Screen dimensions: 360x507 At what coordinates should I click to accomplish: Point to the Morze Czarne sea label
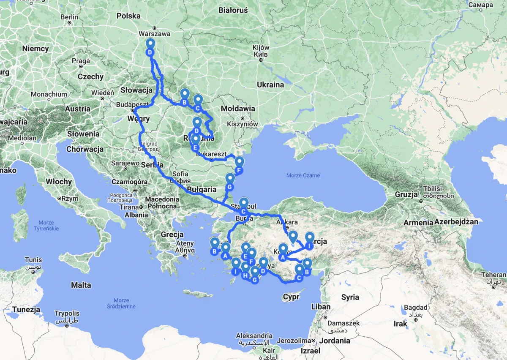303,175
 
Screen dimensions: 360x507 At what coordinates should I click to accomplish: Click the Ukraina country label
270,85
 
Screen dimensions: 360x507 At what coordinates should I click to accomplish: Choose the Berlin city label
69,17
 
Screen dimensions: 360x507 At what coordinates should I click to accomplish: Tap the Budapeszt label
132,104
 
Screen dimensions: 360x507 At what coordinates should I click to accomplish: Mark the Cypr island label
291,297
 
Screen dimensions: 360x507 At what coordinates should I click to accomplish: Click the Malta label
81,285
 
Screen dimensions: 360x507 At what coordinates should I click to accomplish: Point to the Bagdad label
416,308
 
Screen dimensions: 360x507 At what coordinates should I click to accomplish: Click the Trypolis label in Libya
67,314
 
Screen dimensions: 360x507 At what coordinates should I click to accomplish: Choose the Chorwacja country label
85,149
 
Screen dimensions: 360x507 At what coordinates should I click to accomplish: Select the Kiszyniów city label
242,124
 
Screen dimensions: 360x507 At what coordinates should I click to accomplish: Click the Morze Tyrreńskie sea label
46,226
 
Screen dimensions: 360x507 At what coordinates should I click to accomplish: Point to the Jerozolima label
295,341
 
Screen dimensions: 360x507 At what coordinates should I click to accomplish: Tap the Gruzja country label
406,195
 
